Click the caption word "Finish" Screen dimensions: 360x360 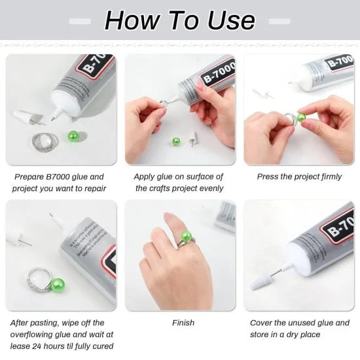(183, 323)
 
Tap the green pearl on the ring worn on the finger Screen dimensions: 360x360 (187, 236)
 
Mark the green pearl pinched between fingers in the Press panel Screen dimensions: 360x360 (302, 118)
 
